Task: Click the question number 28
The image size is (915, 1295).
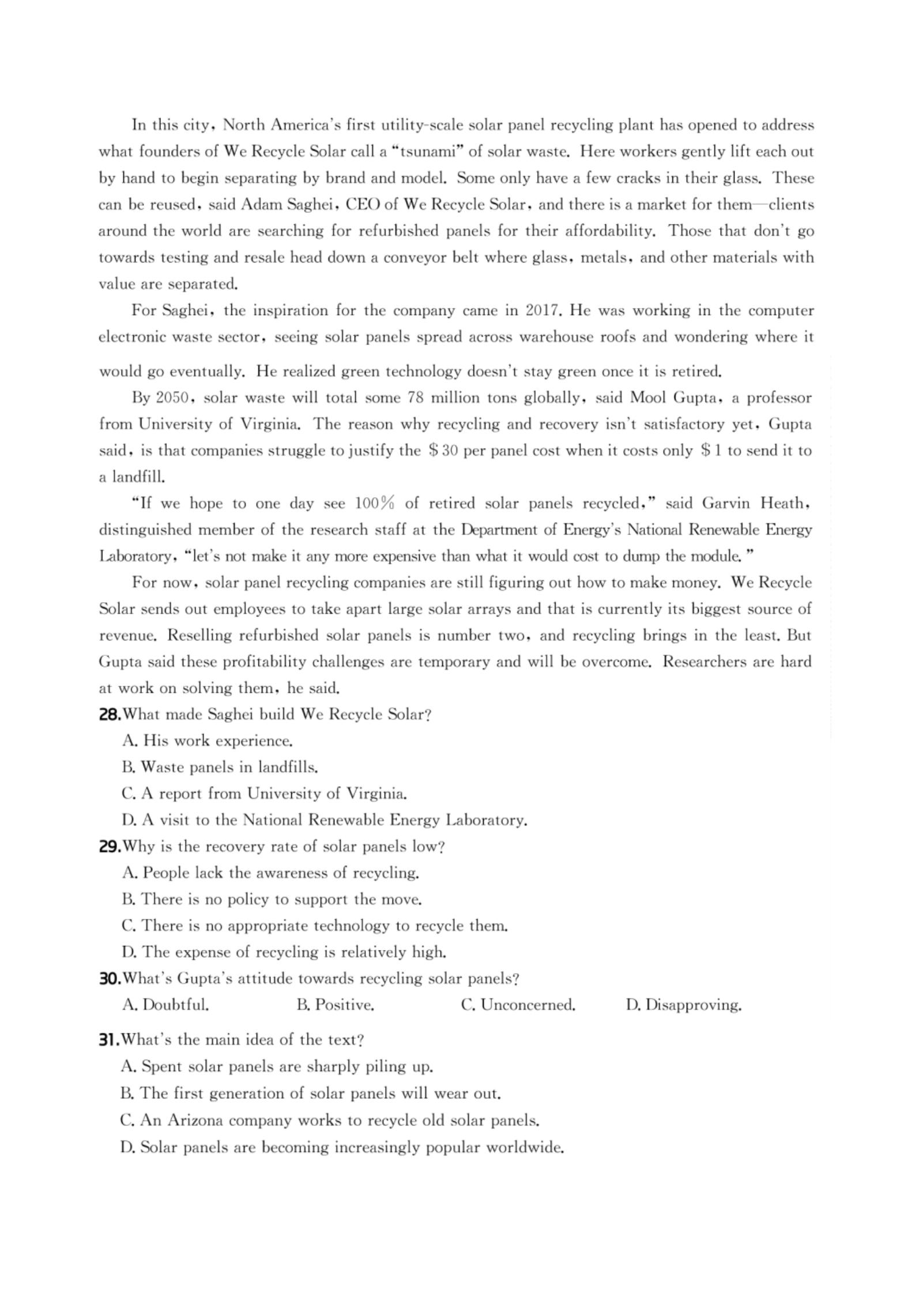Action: pyautogui.click(x=110, y=715)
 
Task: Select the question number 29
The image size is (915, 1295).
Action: pyautogui.click(x=110, y=846)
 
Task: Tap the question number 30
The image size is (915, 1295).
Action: pyautogui.click(x=110, y=978)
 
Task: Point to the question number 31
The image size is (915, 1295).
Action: pyautogui.click(x=108, y=1039)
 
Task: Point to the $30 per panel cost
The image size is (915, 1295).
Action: pyautogui.click(x=443, y=451)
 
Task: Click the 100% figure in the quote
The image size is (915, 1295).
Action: pyautogui.click(x=374, y=504)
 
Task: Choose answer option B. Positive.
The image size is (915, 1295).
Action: pyautogui.click(x=336, y=1005)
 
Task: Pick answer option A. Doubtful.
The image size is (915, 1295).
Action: pyautogui.click(x=166, y=1005)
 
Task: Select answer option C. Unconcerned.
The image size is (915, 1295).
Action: pyautogui.click(x=518, y=1005)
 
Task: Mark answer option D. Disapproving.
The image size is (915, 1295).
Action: pyautogui.click(x=683, y=1005)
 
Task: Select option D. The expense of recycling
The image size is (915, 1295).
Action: pyautogui.click(x=284, y=952)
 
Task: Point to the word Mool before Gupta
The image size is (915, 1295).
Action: pyautogui.click(x=647, y=398)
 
